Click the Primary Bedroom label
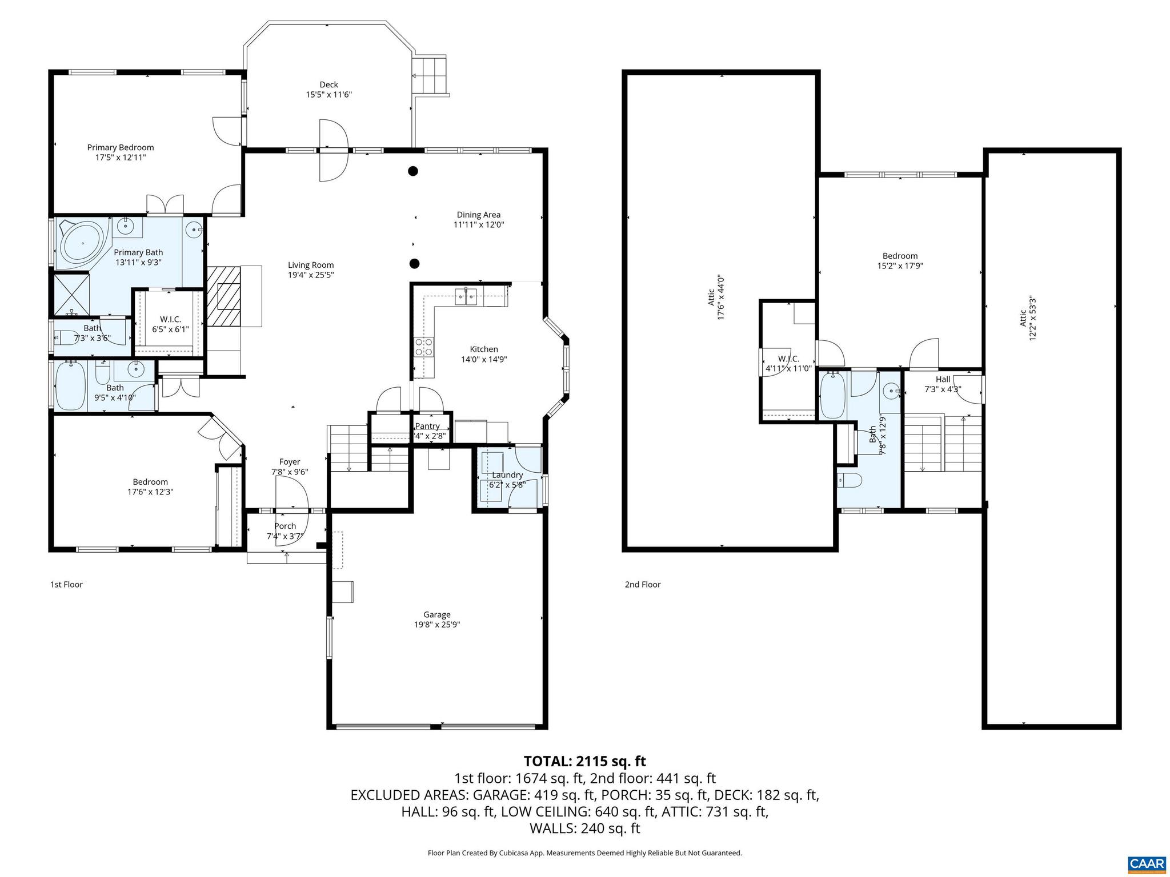click(121, 147)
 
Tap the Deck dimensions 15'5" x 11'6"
click(328, 95)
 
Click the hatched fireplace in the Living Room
click(223, 296)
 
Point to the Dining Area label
click(478, 215)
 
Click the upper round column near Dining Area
click(412, 171)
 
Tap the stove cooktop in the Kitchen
click(424, 347)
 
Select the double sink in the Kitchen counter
click(466, 295)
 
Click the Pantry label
click(427, 426)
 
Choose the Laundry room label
click(507, 475)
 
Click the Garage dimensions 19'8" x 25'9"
click(437, 625)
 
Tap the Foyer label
click(290, 462)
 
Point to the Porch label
click(285, 526)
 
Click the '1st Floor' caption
click(66, 584)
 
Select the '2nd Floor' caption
click(642, 584)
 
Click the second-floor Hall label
click(943, 379)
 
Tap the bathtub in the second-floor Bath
click(833, 396)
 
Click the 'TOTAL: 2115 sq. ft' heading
click(584, 761)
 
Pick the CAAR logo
click(1147, 863)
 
